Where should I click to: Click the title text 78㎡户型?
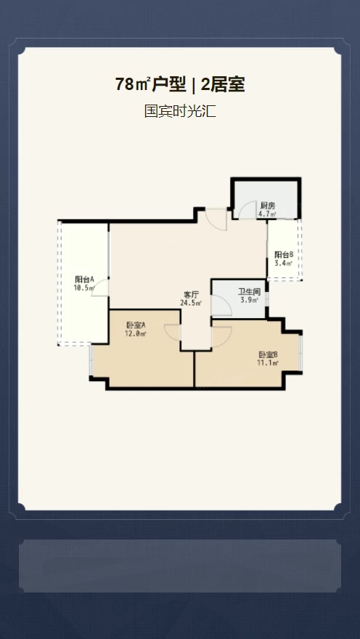[151, 84]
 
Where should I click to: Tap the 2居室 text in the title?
[223, 84]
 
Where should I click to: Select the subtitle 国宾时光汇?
[180, 111]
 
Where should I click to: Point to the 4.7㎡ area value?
[267, 213]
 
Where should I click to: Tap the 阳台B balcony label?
[284, 255]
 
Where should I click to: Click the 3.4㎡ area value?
[284, 263]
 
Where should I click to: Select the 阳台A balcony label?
[85, 280]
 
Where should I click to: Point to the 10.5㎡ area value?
[84, 288]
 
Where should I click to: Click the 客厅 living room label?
[192, 295]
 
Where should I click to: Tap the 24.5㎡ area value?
[191, 303]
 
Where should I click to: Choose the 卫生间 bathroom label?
[249, 292]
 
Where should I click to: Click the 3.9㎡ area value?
[249, 301]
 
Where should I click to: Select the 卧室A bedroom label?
[136, 325]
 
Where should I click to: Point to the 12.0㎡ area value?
[136, 333]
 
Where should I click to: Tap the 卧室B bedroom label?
[268, 354]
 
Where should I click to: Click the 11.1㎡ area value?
[267, 362]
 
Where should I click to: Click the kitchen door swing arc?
[242, 207]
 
